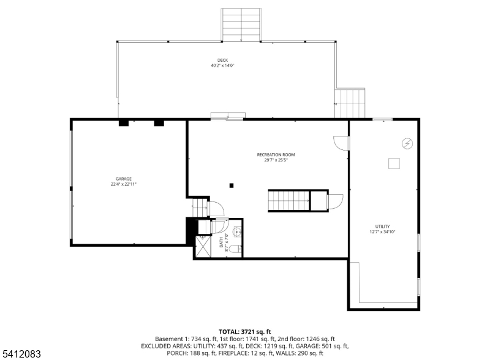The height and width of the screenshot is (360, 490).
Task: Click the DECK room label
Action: [222, 60]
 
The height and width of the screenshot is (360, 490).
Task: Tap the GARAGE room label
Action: [124, 179]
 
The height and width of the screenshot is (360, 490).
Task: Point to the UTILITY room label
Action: [383, 226]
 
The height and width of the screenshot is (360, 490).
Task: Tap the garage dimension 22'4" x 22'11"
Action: [124, 184]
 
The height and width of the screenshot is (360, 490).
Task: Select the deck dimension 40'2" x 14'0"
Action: [222, 66]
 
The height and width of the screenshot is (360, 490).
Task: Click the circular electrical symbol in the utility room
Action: [407, 143]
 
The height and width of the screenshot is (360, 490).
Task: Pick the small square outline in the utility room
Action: [394, 163]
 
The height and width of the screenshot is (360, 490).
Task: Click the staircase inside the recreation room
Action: [288, 200]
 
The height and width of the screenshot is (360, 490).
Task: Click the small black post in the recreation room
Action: [232, 185]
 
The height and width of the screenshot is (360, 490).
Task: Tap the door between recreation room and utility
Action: [341, 143]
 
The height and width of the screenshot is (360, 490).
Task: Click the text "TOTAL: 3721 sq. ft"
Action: [245, 331]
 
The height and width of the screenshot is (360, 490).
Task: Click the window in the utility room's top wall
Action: [383, 119]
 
